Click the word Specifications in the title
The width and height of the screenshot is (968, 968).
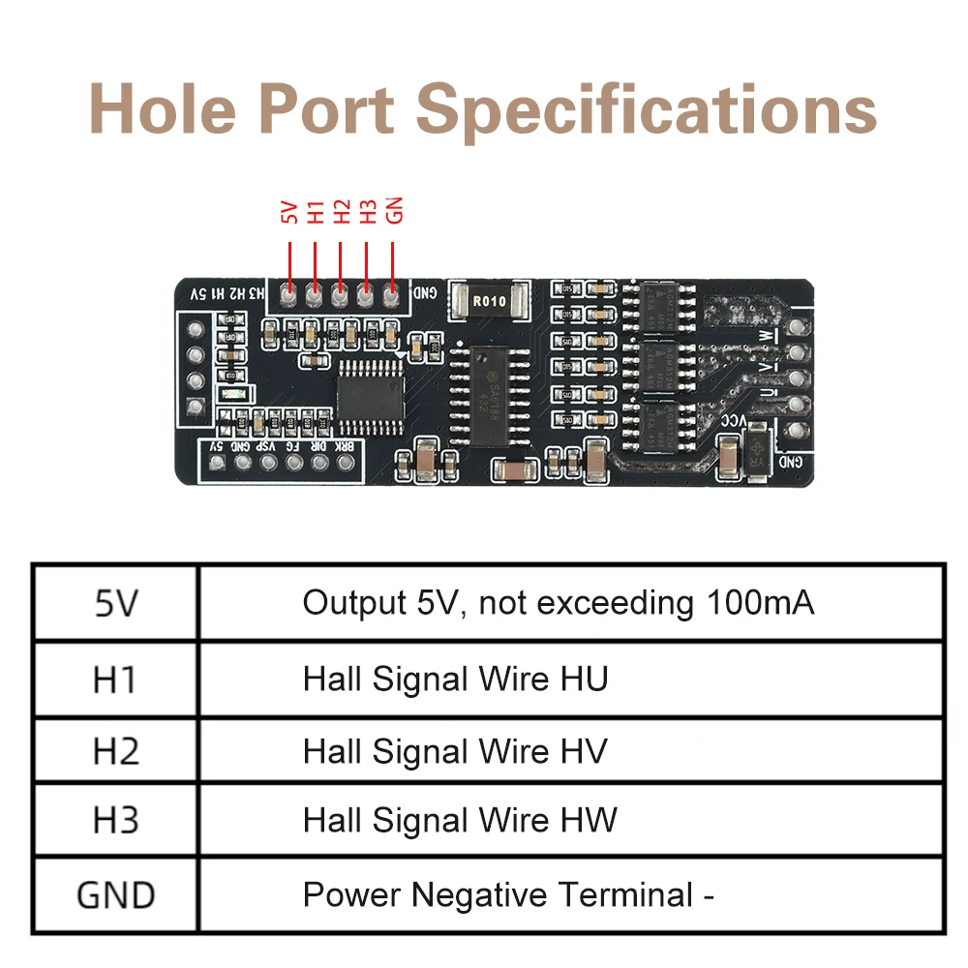point(650,108)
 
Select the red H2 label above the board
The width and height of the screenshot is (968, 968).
point(341,212)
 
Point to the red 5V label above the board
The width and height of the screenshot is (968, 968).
point(288,213)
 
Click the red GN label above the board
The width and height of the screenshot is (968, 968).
point(394,211)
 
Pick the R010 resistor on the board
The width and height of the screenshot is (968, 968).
point(489,302)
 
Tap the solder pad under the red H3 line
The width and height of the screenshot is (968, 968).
point(366,292)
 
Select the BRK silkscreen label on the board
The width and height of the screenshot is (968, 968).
point(344,446)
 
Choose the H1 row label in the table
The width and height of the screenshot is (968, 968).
point(116,680)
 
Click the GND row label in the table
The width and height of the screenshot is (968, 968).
point(116,894)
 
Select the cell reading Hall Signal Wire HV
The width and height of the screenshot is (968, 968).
point(455,751)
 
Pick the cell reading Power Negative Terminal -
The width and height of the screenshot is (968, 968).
point(508,894)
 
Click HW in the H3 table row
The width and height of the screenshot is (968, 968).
point(589,822)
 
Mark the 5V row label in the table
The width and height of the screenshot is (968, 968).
point(116,604)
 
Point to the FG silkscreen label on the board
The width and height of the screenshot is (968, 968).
point(293,446)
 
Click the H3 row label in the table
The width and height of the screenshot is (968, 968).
point(116,822)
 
